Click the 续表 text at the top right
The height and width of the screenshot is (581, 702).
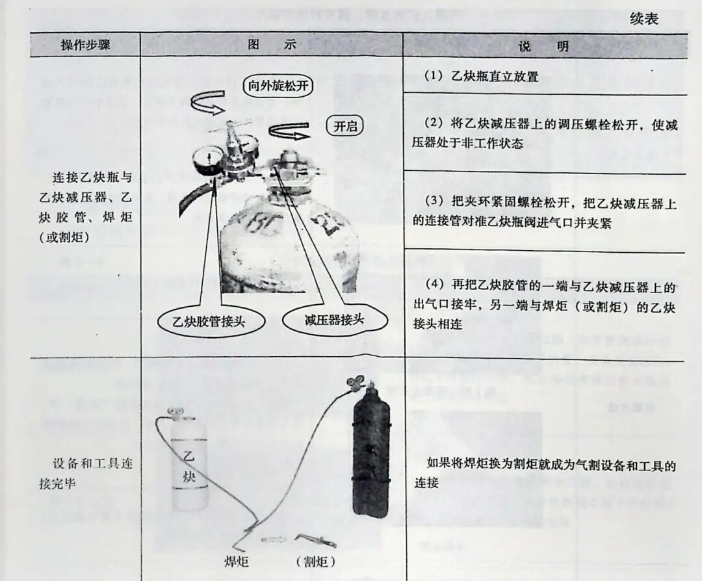click(x=643, y=19)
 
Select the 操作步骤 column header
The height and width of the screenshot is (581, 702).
click(x=85, y=45)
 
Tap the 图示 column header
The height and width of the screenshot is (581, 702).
click(x=272, y=45)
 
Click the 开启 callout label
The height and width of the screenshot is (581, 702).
click(x=345, y=127)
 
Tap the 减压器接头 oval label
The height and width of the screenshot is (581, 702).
click(x=335, y=320)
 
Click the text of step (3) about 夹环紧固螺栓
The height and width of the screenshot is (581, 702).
click(x=545, y=212)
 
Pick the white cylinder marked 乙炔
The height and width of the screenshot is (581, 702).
click(x=190, y=463)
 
